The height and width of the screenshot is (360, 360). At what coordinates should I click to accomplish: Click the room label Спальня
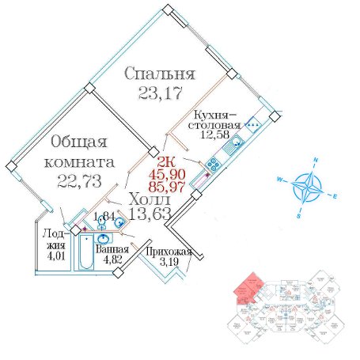160,74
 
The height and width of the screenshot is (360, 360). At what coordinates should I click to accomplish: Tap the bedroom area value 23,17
161,93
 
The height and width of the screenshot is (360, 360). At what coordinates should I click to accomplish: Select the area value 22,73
79,181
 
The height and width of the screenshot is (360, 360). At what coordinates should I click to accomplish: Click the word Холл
150,200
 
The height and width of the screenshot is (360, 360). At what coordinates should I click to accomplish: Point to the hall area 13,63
150,214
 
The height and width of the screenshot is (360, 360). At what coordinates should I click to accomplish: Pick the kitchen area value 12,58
214,135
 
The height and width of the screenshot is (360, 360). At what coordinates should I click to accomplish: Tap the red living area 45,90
167,174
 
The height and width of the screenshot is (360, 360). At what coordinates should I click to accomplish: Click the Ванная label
112,249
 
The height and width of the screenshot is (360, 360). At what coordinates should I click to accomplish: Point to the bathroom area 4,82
112,260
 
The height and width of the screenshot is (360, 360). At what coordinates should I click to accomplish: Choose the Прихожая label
169,252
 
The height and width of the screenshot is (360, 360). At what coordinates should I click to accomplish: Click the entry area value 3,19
169,262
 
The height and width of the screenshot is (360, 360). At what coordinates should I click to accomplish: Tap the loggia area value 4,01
55,256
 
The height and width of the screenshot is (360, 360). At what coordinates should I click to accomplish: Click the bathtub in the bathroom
86,252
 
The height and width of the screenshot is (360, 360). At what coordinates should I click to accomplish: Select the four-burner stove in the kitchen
212,164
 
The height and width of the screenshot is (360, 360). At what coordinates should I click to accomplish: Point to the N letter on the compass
315,160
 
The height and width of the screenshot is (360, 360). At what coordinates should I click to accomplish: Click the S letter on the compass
299,216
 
